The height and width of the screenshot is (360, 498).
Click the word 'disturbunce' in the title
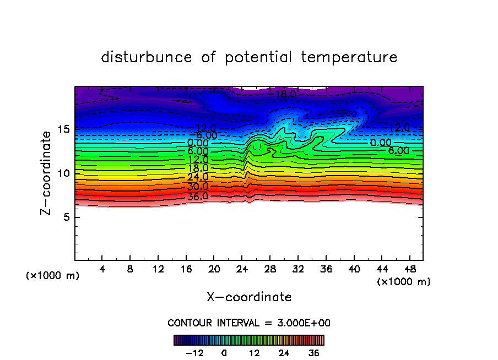146,57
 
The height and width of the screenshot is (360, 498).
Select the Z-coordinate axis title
47,172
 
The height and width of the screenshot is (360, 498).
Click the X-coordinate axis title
249,297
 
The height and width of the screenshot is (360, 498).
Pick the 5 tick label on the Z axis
65,217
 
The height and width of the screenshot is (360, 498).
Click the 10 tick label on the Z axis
62,173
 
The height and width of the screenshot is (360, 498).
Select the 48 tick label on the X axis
409,270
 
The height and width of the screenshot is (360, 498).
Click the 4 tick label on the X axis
102,270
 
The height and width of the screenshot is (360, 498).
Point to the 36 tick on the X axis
326,270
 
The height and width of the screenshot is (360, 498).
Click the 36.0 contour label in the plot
198,197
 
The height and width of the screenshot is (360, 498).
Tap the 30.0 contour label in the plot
198,187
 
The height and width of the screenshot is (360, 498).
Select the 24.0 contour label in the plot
198,177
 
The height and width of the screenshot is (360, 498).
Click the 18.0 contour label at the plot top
286,94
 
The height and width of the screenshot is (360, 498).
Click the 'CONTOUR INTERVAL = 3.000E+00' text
249,323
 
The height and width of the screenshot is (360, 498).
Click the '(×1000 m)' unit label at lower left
53,276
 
